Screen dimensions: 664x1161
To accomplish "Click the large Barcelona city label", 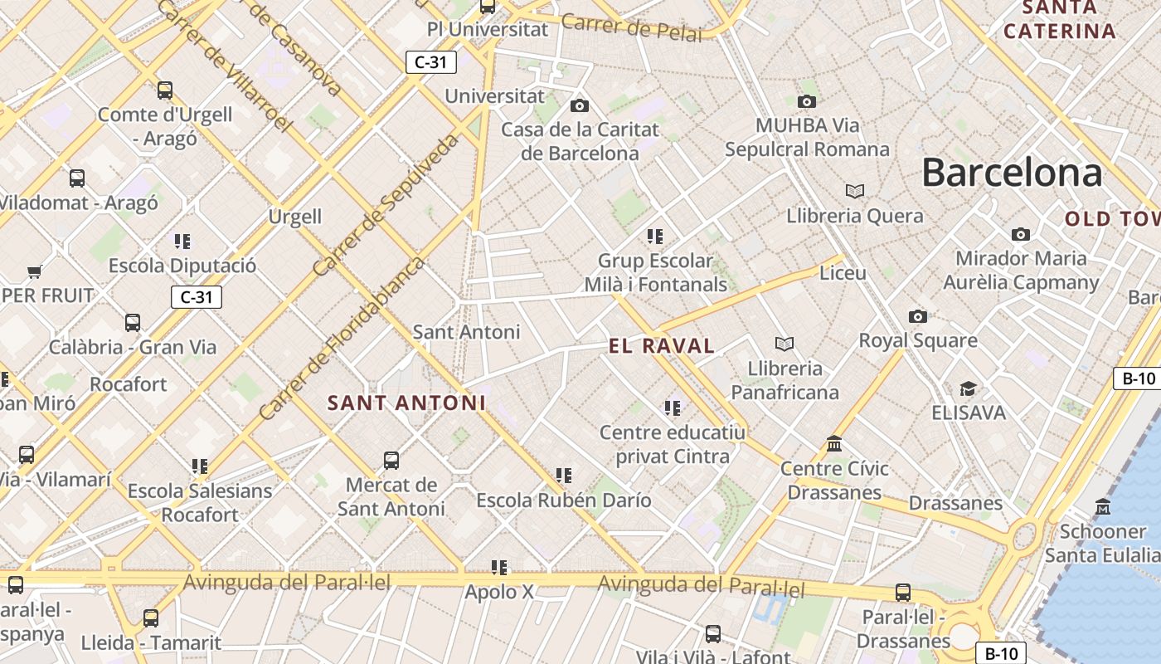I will pos(1012,173).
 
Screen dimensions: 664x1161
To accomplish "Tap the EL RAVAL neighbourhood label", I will pos(661,346).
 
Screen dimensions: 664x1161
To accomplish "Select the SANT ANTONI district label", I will pos(406,403).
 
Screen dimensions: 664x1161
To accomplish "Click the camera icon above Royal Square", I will pos(917,316).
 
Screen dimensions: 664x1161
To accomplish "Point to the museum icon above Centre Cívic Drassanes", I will pos(834,444).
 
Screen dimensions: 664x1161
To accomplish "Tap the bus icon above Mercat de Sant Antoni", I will pos(391,460).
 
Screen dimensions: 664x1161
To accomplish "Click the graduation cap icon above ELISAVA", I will pos(967,388).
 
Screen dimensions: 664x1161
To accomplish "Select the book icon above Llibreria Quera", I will pos(855,192).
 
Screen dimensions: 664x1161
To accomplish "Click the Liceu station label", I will pos(843,273).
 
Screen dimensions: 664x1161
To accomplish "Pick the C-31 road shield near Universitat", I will pos(431,61).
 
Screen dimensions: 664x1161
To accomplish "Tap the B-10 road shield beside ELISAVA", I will pos(1139,378).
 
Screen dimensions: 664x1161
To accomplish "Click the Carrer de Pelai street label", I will pos(631,27).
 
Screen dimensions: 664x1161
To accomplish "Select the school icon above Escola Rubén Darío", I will pos(564,476).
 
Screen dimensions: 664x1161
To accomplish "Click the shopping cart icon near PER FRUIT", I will pos(34,271).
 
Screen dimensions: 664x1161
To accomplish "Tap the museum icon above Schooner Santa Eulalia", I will pos(1103,506).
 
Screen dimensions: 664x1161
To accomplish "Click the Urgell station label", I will pos(294,217).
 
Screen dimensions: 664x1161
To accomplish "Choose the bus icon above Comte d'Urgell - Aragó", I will pos(165,90).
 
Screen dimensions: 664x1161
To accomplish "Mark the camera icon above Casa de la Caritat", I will pos(580,105).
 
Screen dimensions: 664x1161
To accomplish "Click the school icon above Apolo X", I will pos(498,568).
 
